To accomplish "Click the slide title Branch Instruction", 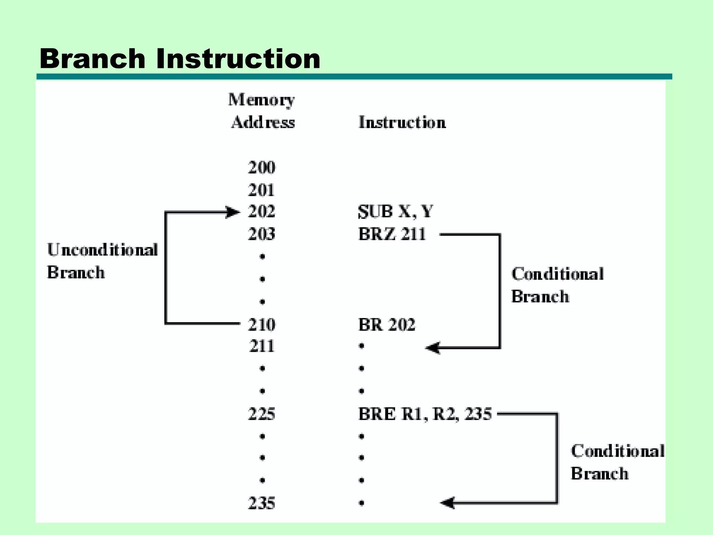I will pos(180,59).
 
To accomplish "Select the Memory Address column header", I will pos(262,111).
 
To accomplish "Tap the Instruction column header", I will pos(402,123).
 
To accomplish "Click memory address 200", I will pos(261,168).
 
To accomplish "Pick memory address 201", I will pos(261,190).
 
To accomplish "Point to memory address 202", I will pos(261,211).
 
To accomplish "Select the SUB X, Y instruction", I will pos(395,211).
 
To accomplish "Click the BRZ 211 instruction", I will pos(392,234).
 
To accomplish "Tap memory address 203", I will pos(261,234).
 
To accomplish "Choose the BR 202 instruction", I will pos(386,325).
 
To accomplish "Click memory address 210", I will pos(261,325).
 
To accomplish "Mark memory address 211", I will pos(262,346).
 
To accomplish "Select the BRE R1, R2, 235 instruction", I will pos(425,414).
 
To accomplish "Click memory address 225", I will pos(261,414).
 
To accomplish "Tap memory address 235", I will pos(261,503).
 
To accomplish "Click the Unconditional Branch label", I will pos(102,261).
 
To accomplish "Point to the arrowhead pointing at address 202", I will pos(233,212).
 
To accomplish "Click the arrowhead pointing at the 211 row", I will pos(433,348).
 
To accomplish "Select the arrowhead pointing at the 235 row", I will pos(448,503).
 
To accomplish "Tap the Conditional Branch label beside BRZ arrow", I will pos(557,285).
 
